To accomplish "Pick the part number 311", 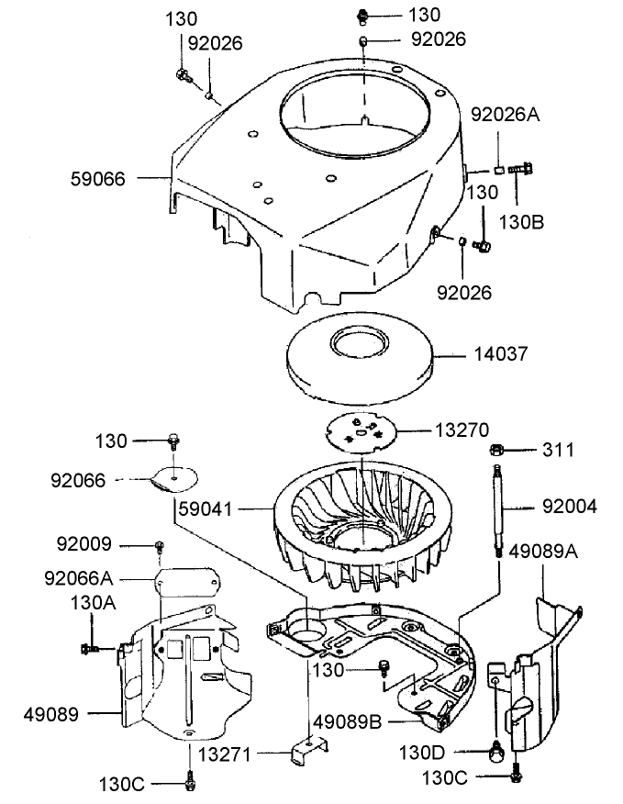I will coord(557,450).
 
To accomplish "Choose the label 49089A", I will coord(543,551).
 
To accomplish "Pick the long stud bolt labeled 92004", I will coord(499,508).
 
